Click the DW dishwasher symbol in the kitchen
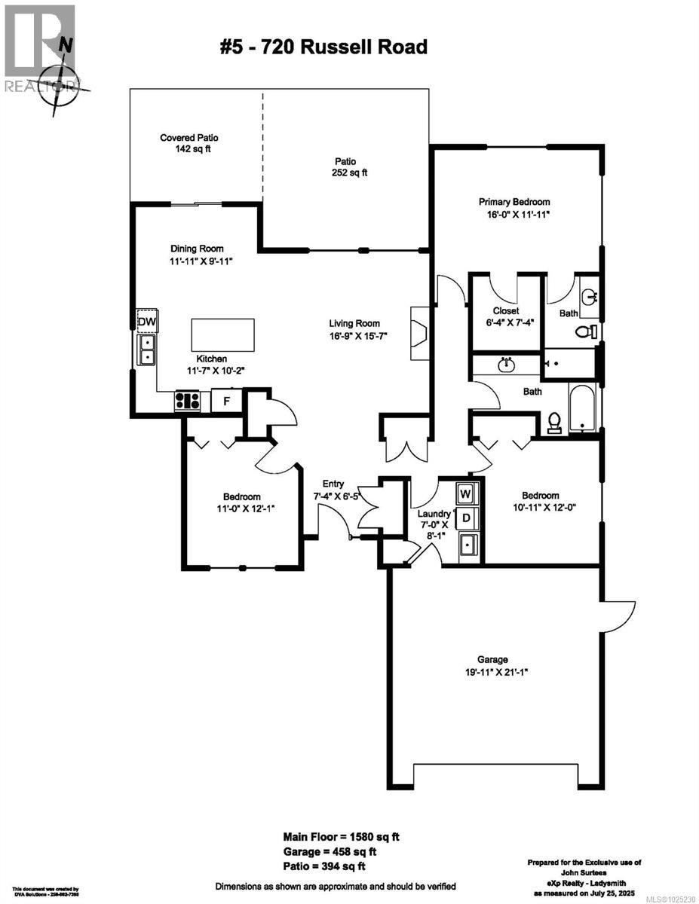(x=147, y=322)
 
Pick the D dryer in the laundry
(x=466, y=518)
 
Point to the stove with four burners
(x=188, y=401)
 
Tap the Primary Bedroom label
(x=514, y=202)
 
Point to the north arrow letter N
(x=67, y=46)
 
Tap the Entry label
(x=333, y=484)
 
